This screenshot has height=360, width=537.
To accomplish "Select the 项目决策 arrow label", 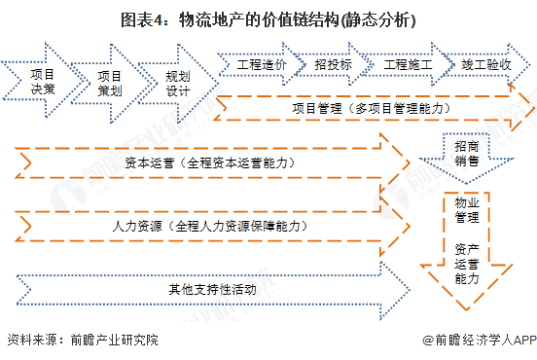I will tap(42, 81).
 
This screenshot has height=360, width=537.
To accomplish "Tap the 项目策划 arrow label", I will tap(110, 81).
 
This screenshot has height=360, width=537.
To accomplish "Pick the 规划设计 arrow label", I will tap(177, 81).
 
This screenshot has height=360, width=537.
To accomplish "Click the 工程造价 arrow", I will tap(260, 64).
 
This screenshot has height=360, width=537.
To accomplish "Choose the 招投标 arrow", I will tap(333, 64).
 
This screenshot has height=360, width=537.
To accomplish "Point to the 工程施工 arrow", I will tap(406, 64).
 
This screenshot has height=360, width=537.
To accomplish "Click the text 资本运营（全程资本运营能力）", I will tap(210, 162).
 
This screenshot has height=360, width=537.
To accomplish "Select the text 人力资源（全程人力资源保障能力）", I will tap(209, 225).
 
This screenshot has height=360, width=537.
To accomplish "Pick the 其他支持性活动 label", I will tap(209, 288).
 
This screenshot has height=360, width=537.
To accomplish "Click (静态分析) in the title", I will tap(369, 18).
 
